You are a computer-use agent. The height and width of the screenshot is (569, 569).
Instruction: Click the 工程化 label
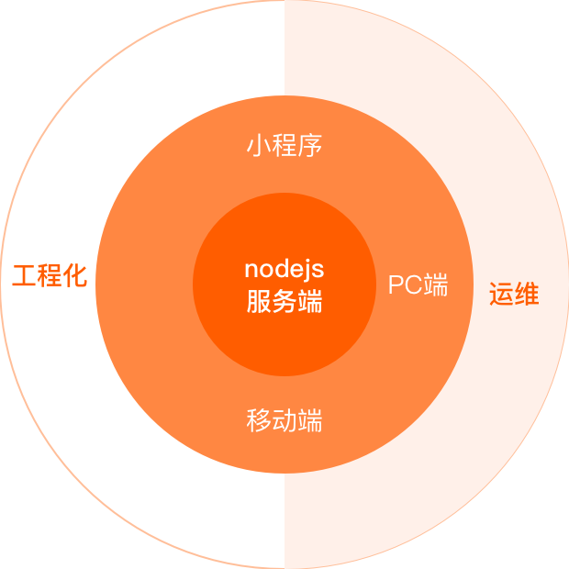pyautogui.click(x=50, y=276)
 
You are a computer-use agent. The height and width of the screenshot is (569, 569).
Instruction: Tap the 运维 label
pyautogui.click(x=513, y=296)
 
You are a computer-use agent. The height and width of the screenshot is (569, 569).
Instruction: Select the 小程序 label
pyautogui.click(x=284, y=147)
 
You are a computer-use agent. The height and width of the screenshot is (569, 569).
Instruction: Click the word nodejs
pyautogui.click(x=284, y=270)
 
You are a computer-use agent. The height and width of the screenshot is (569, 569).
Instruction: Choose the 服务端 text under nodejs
pyautogui.click(x=284, y=302)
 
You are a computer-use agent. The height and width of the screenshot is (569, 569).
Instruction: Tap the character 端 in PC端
pyautogui.click(x=435, y=285)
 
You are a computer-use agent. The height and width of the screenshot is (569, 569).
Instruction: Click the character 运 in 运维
pyautogui.click(x=500, y=296)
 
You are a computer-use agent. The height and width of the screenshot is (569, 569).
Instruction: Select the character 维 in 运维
pyautogui.click(x=526, y=296)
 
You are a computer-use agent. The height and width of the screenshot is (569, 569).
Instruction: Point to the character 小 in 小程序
pyautogui.click(x=259, y=147)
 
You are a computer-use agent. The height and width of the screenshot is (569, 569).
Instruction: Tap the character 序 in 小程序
pyautogui.click(x=310, y=147)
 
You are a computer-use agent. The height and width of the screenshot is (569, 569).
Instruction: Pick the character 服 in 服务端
pyautogui.click(x=259, y=302)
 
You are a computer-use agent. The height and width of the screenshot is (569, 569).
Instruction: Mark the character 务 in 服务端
pyautogui.click(x=284, y=302)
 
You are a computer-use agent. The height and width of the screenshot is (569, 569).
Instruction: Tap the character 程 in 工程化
pyautogui.click(x=50, y=276)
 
